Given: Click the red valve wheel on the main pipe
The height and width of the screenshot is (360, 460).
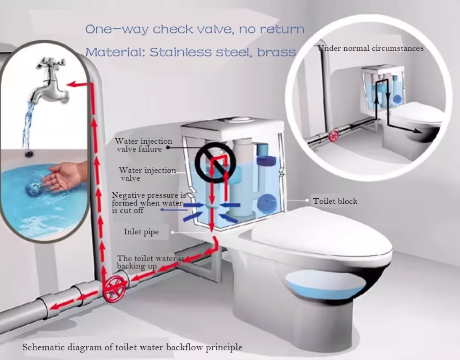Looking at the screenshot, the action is [x=115, y=288].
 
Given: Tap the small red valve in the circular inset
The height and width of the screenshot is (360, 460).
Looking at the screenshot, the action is [x=334, y=136].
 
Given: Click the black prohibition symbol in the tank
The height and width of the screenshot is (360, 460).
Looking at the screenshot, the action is [x=216, y=163].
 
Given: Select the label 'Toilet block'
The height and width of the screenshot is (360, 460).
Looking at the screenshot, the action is [x=335, y=201].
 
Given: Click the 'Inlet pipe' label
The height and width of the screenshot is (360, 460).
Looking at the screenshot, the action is [x=141, y=232].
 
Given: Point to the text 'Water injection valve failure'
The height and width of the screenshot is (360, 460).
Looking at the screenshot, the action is [x=143, y=145].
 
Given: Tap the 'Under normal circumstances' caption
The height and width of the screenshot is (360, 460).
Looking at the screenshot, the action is [x=371, y=48].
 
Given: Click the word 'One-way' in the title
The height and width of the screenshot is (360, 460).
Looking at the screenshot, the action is [x=117, y=29].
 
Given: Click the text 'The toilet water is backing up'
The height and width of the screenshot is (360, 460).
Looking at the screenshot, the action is [x=151, y=262].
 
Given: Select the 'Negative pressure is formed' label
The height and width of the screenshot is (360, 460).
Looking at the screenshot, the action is [x=149, y=203].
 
